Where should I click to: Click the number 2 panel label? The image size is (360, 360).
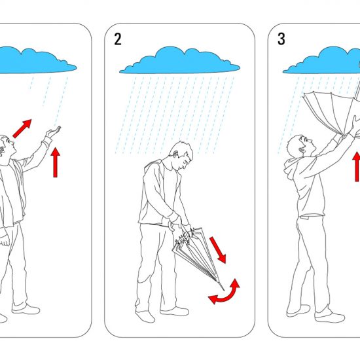118,39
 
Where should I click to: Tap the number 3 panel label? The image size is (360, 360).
281,39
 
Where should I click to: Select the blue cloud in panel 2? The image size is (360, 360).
179,60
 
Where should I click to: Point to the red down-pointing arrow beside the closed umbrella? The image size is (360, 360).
218,250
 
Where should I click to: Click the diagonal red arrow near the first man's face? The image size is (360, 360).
22,128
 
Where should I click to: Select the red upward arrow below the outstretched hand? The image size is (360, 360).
56,162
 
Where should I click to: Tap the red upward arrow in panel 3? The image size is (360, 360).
357,166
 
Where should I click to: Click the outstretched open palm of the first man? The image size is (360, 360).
54,132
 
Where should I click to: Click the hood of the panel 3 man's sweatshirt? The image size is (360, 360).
291,168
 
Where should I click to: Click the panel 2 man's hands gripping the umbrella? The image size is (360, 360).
179,226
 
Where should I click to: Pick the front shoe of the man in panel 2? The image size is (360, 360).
175,311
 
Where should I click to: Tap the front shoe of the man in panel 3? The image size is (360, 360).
330,317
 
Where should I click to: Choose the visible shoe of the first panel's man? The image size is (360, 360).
26,310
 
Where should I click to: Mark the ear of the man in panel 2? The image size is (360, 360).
176,154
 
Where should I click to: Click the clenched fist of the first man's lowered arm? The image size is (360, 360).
4,240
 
